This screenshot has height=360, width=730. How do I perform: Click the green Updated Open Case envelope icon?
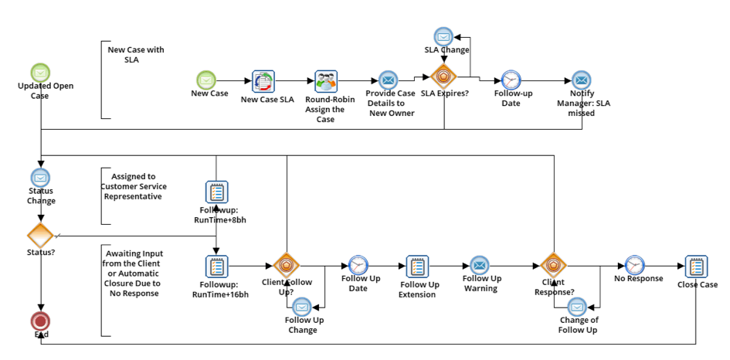tap(41, 72)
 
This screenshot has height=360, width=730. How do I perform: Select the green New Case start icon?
tap(205, 80)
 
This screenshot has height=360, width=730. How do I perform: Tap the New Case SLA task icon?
tap(263, 80)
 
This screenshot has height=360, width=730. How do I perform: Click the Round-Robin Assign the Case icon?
tap(326, 81)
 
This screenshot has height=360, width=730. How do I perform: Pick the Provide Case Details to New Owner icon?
tap(388, 80)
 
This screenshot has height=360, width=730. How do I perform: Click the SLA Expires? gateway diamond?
tap(443, 78)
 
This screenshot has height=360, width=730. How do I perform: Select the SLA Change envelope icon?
tap(443, 36)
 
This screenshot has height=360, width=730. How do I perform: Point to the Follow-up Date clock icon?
tap(511, 80)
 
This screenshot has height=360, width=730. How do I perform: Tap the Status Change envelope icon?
tap(40, 178)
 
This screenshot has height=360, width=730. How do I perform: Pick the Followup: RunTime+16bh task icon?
tap(216, 267)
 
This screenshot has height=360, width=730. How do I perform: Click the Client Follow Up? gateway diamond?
tap(287, 266)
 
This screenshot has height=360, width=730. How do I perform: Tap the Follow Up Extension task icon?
tap(417, 267)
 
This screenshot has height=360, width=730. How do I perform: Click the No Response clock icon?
tap(634, 265)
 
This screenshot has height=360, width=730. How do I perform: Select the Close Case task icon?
tap(695, 266)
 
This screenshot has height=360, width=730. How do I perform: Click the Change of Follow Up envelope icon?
tap(577, 306)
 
